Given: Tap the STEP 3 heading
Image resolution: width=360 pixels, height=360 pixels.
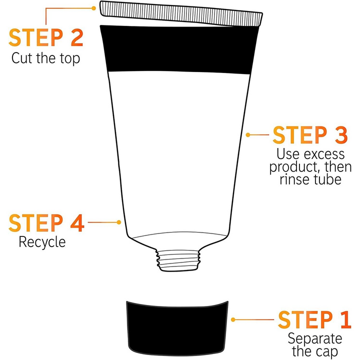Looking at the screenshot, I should (x=309, y=135).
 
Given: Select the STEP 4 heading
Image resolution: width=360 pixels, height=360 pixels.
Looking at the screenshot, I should (x=46, y=223).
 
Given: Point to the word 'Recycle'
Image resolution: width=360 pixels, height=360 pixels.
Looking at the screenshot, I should (x=42, y=242).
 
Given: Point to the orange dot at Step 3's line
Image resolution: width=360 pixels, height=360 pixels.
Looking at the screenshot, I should (x=248, y=134).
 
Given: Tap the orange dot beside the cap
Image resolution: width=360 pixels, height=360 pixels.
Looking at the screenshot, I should (x=233, y=319).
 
